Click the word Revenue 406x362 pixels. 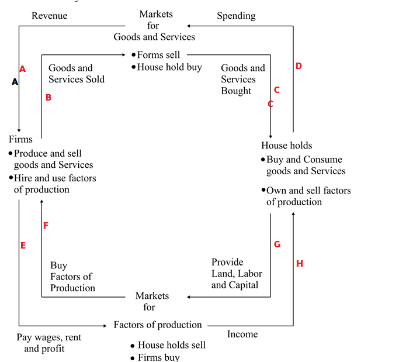coord(49,16)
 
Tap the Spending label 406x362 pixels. coord(236,16)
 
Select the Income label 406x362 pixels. coord(242,334)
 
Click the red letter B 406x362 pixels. coord(48,98)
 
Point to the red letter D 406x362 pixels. coord(299,66)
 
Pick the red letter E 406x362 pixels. coord(23,246)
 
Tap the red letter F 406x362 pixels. coord(46,225)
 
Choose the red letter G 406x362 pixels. coord(277,244)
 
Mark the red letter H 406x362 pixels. coord(300,264)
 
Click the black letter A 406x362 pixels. coord(15,82)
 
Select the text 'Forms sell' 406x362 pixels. coord(158,55)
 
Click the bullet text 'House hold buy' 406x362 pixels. coord(169,67)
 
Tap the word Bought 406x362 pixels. coord(236,91)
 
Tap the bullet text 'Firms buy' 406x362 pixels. coord(158,357)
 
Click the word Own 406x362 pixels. coord(276,191)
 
